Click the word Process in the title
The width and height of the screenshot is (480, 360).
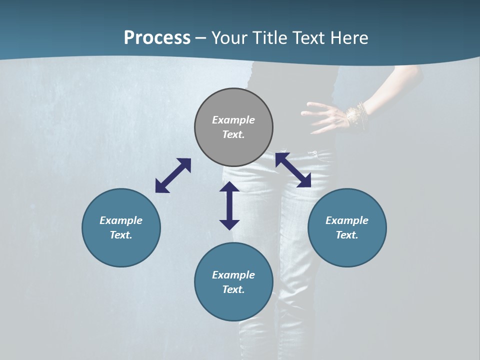click(x=157, y=38)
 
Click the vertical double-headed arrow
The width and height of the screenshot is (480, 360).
click(x=229, y=205)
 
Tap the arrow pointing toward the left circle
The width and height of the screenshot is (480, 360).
click(x=173, y=175)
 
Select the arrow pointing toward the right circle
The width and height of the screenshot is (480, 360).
click(x=293, y=170)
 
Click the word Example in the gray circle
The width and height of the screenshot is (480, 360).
click(x=233, y=120)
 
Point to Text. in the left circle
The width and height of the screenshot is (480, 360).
click(x=121, y=235)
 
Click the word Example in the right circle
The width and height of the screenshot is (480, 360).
click(x=347, y=220)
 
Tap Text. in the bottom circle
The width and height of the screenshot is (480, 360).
click(x=233, y=289)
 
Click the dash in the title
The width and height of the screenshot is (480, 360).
click(x=200, y=38)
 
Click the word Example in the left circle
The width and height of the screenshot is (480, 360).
click(x=121, y=220)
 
